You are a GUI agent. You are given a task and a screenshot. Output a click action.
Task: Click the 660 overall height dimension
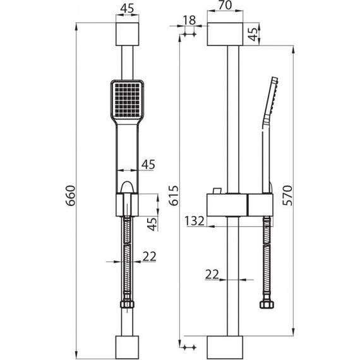pyautogui.click(x=70, y=195)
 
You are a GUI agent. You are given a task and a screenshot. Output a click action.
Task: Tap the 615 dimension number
pyautogui.click(x=174, y=195)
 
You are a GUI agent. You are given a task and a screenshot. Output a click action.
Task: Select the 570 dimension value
pyautogui.click(x=287, y=195)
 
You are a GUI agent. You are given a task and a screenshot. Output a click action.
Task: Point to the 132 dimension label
pyautogui.click(x=195, y=221)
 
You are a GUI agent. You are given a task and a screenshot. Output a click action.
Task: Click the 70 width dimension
pyautogui.click(x=225, y=5)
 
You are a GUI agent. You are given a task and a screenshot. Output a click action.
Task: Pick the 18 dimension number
pyautogui.click(x=189, y=20)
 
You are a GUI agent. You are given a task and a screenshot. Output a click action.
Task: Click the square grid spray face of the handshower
pyautogui.click(x=127, y=99)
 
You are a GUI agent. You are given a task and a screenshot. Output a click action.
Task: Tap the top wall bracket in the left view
pyautogui.click(x=127, y=34)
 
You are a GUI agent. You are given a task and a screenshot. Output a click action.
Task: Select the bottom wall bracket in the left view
pyautogui.click(x=127, y=347)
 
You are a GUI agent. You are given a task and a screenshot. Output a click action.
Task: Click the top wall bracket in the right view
pyautogui.click(x=225, y=34)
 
